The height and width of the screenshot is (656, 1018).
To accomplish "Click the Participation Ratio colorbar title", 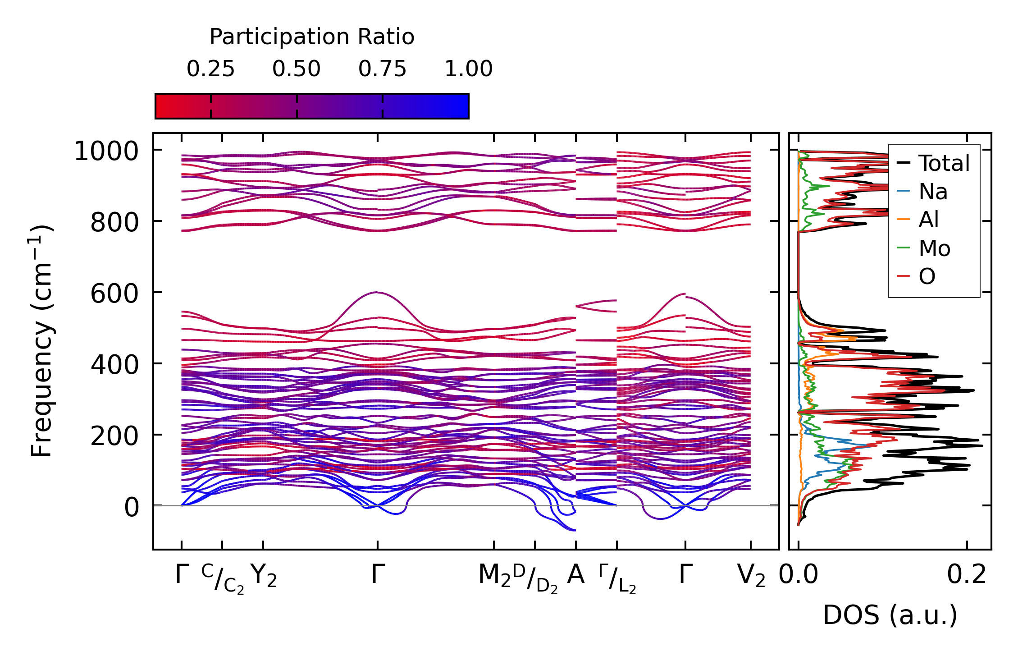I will [312, 37].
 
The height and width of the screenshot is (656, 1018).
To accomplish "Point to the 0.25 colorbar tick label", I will [210, 69].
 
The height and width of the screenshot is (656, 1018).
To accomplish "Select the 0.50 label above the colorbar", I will [297, 69].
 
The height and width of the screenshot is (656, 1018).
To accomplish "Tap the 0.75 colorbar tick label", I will [383, 69].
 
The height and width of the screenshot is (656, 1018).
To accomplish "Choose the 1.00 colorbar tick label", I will [469, 69].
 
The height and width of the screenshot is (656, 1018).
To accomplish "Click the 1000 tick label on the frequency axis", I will [106, 151].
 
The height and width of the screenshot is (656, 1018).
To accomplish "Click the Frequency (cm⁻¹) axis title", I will [42, 341].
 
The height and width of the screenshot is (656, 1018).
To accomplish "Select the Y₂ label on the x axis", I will [263, 576].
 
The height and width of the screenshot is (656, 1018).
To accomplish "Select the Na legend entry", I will [933, 192].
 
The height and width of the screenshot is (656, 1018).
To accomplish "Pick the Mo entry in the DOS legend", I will [934, 248].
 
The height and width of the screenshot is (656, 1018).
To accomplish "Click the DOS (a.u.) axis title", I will [890, 615].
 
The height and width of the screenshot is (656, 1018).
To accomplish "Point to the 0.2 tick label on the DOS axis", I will [967, 575].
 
